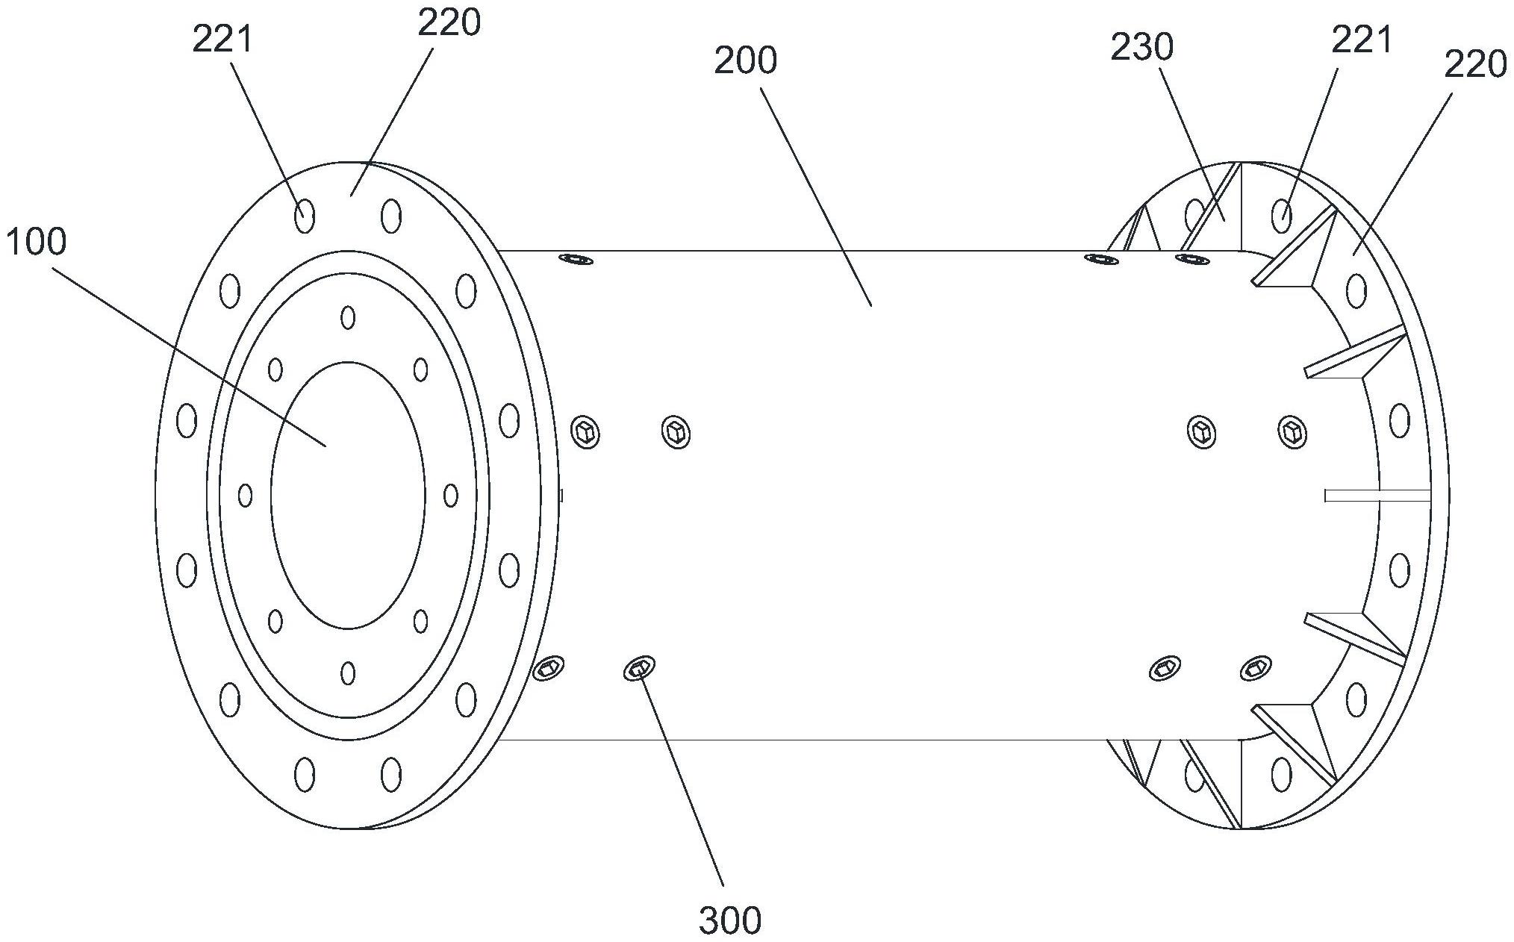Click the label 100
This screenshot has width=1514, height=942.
tap(35, 242)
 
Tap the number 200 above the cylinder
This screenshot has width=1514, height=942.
tap(745, 60)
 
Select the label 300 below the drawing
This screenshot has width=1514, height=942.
tap(730, 920)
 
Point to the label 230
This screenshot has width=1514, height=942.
tap(1141, 48)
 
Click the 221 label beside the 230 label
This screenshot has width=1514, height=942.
tap(1362, 40)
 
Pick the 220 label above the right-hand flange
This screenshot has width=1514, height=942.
tap(1475, 65)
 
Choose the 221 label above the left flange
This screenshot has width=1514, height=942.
tap(223, 40)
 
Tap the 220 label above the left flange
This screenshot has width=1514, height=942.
tap(449, 23)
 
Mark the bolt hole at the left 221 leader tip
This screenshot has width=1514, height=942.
tap(304, 217)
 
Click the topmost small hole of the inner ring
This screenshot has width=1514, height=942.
tap(348, 317)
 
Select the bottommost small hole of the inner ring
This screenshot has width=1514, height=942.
tap(348, 673)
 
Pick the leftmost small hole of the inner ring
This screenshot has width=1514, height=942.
tap(245, 495)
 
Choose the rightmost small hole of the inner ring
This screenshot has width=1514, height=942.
tap(450, 495)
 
